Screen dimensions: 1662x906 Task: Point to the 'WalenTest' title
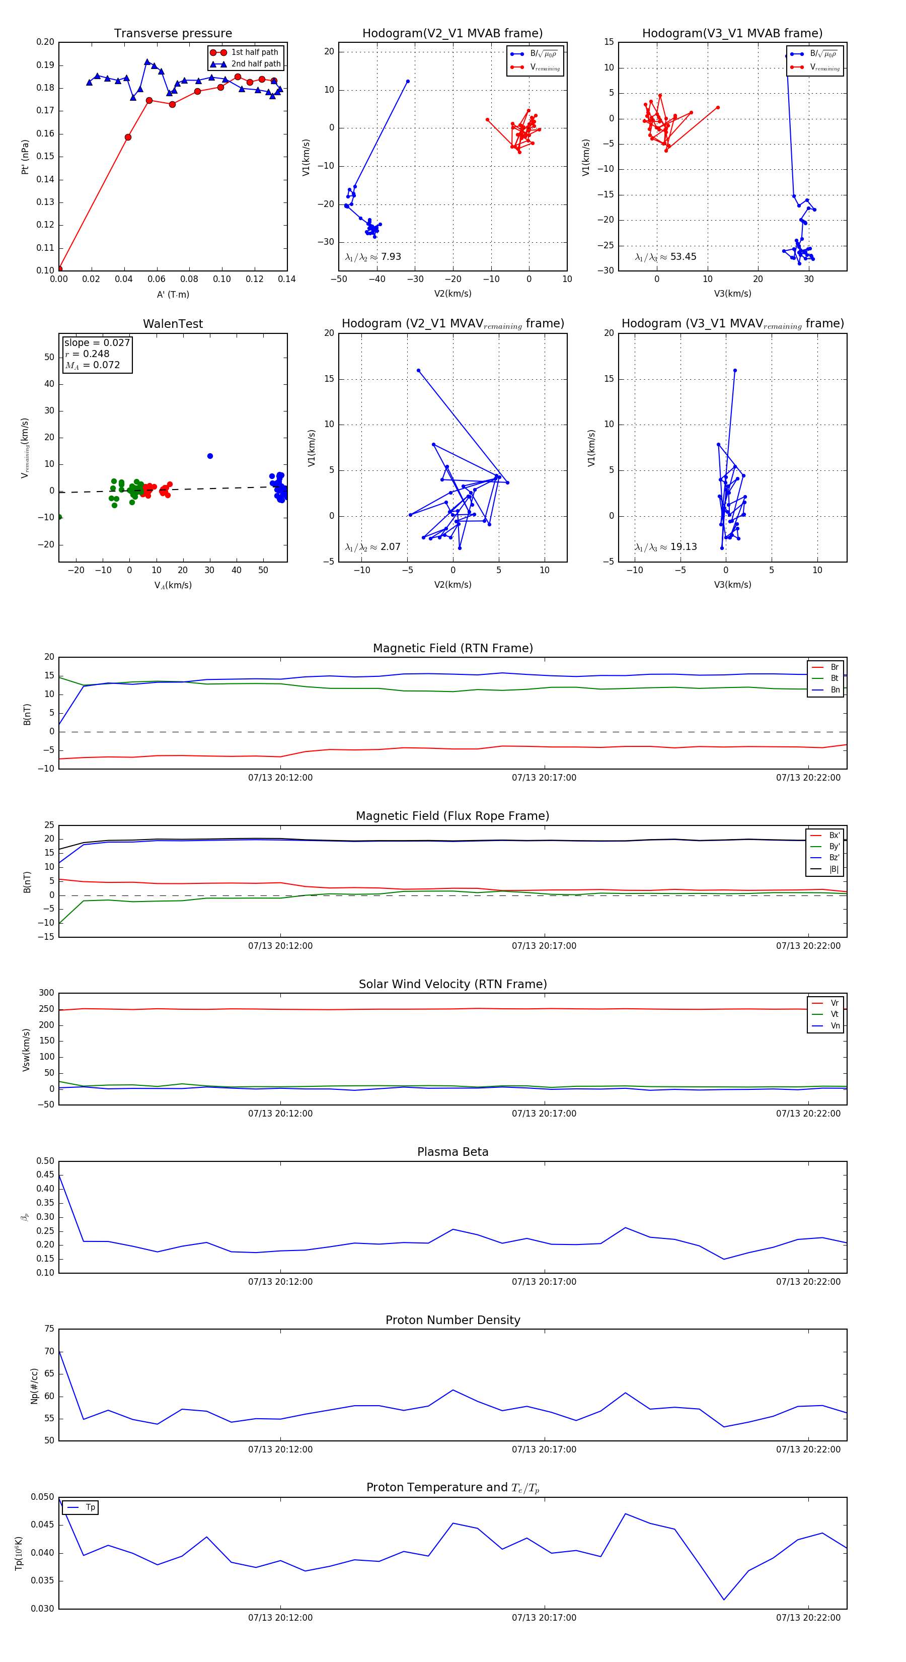tap(173, 324)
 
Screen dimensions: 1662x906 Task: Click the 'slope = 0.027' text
tap(97, 342)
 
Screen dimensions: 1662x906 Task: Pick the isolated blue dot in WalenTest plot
tap(209, 456)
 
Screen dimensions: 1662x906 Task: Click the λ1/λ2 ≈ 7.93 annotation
tap(372, 257)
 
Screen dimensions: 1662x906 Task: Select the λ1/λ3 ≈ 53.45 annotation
tap(665, 257)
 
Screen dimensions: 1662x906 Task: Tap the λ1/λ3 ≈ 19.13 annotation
tap(665, 547)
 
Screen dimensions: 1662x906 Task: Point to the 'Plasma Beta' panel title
tap(452, 1152)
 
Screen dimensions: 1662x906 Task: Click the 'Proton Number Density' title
tap(452, 1320)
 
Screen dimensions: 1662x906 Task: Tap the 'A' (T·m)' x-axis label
tap(173, 294)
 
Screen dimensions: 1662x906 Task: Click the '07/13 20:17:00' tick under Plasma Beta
tap(544, 1281)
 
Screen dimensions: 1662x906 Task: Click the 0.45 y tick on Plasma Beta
tap(45, 1175)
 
